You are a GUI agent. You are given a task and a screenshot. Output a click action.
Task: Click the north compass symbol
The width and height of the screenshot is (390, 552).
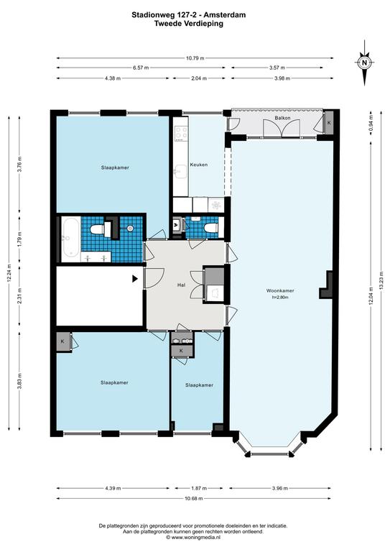(365, 63)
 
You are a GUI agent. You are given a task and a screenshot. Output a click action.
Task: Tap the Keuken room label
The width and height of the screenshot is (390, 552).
(199, 165)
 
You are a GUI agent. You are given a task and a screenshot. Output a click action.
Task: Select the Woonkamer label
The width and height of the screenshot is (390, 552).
(280, 291)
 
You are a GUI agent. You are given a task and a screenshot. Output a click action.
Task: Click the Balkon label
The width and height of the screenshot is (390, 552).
(282, 118)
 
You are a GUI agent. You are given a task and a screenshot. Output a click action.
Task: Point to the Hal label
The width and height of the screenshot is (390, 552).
(182, 285)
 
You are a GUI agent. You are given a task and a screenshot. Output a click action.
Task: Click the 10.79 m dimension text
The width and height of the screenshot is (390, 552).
(195, 58)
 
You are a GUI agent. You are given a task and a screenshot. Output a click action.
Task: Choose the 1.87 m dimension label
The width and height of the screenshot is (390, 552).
(199, 488)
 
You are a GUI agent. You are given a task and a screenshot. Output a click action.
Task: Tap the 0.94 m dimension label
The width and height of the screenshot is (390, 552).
(371, 124)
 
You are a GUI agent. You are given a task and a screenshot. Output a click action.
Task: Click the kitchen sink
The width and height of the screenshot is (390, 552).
(181, 172)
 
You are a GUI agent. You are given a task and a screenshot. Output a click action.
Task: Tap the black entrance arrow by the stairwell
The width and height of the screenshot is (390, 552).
(135, 279)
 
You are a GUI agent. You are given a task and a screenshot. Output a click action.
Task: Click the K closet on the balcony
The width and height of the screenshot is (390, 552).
(329, 122)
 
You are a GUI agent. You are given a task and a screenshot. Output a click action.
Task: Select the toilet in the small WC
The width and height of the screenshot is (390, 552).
(210, 228)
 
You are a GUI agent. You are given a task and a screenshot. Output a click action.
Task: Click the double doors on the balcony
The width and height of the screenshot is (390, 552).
(282, 128)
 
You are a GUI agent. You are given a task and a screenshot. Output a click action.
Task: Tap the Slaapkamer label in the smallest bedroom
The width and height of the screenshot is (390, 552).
(199, 385)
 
